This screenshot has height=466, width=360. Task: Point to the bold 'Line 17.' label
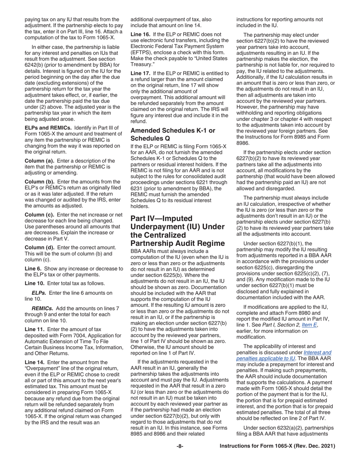click(141, 72)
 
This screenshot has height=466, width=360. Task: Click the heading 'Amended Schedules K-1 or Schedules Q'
click(172, 134)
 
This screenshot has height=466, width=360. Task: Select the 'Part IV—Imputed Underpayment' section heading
click(177, 231)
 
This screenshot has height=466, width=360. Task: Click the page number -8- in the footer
click(180, 446)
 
